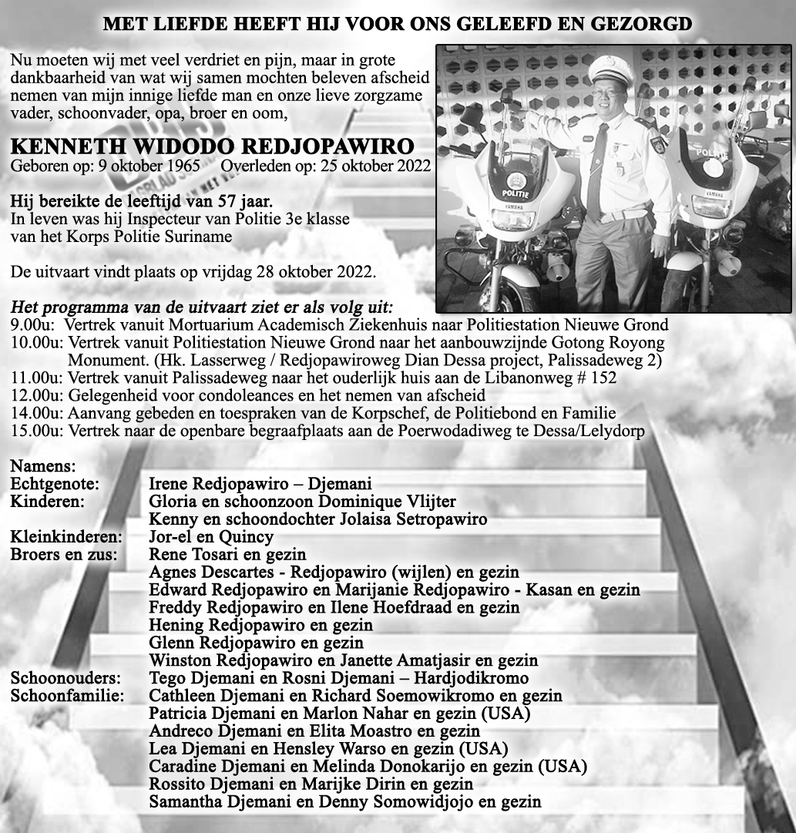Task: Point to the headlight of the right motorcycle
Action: coord(711,207)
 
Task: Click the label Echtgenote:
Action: coord(55,484)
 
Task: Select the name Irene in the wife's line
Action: coord(169,484)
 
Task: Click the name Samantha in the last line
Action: coord(183,802)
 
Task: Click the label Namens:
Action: coord(43,466)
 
